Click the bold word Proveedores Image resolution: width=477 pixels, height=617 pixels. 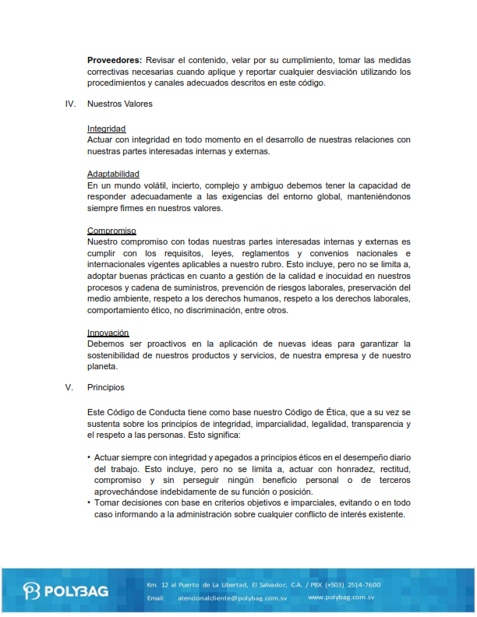point(115,60)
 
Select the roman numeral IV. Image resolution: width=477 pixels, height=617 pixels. point(70,104)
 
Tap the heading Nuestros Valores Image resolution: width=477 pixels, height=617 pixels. point(120,104)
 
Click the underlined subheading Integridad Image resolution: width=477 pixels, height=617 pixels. point(107,129)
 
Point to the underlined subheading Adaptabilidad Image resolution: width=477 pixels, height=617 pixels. point(114,174)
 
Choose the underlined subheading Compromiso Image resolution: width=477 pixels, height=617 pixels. point(111,231)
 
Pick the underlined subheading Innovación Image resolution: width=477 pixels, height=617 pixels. point(108,333)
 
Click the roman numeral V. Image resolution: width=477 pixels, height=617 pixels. point(70,387)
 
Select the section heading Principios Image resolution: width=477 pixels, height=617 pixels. point(106,387)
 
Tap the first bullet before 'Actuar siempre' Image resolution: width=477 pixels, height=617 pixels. point(89,458)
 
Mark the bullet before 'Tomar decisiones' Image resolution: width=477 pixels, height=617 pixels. point(89,503)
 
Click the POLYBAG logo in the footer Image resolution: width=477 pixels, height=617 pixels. point(65,590)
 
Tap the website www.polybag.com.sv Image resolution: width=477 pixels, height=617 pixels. point(341,597)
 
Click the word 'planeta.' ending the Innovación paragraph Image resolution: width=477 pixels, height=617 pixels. point(102,365)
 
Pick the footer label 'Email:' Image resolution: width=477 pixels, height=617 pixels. point(155,597)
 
